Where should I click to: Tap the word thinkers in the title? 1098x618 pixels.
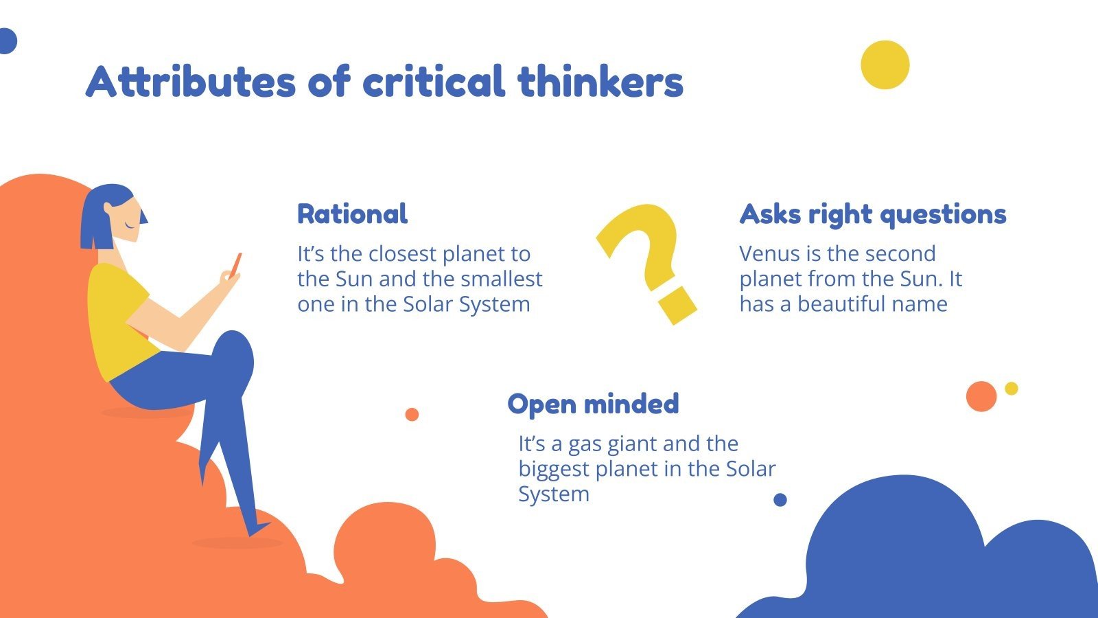pos(600,82)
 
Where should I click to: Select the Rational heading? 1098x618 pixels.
pos(352,214)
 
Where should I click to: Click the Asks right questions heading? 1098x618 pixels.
pos(872,214)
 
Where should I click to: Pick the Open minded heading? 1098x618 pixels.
pos(593,403)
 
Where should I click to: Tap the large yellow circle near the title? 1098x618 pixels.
pos(885,65)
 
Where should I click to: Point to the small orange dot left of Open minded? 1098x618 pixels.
pos(412,414)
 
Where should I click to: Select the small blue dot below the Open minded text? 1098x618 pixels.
pos(780,500)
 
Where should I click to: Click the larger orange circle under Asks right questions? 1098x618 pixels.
pos(981,396)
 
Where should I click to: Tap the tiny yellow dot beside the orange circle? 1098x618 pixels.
pos(1011,388)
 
